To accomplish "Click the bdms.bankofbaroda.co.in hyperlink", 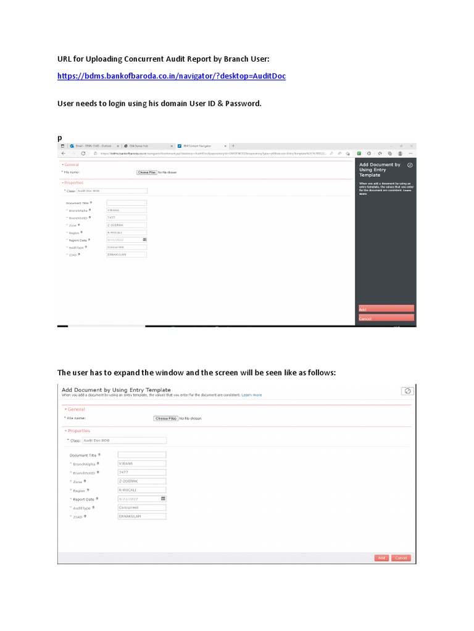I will [x=172, y=76].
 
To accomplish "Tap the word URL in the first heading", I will [x=66, y=59].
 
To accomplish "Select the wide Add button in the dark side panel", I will [x=386, y=309].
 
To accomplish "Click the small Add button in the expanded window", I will [x=381, y=558].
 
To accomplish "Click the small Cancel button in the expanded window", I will [x=401, y=558].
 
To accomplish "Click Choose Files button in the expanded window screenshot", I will [x=166, y=418].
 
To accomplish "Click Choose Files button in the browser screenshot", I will [x=147, y=173].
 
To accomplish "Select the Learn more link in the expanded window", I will [x=252, y=395].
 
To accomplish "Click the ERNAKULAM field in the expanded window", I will [x=142, y=516].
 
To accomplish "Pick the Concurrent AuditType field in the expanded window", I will [x=142, y=508].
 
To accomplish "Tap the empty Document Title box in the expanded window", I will [x=142, y=455].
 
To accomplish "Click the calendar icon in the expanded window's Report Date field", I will [x=163, y=499].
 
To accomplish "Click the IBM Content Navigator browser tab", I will [x=201, y=145].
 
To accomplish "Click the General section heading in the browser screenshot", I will [x=72, y=165].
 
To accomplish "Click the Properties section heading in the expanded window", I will [x=78, y=431].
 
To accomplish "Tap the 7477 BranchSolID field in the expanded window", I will [x=142, y=473].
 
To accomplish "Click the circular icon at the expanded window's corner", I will [x=407, y=391].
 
